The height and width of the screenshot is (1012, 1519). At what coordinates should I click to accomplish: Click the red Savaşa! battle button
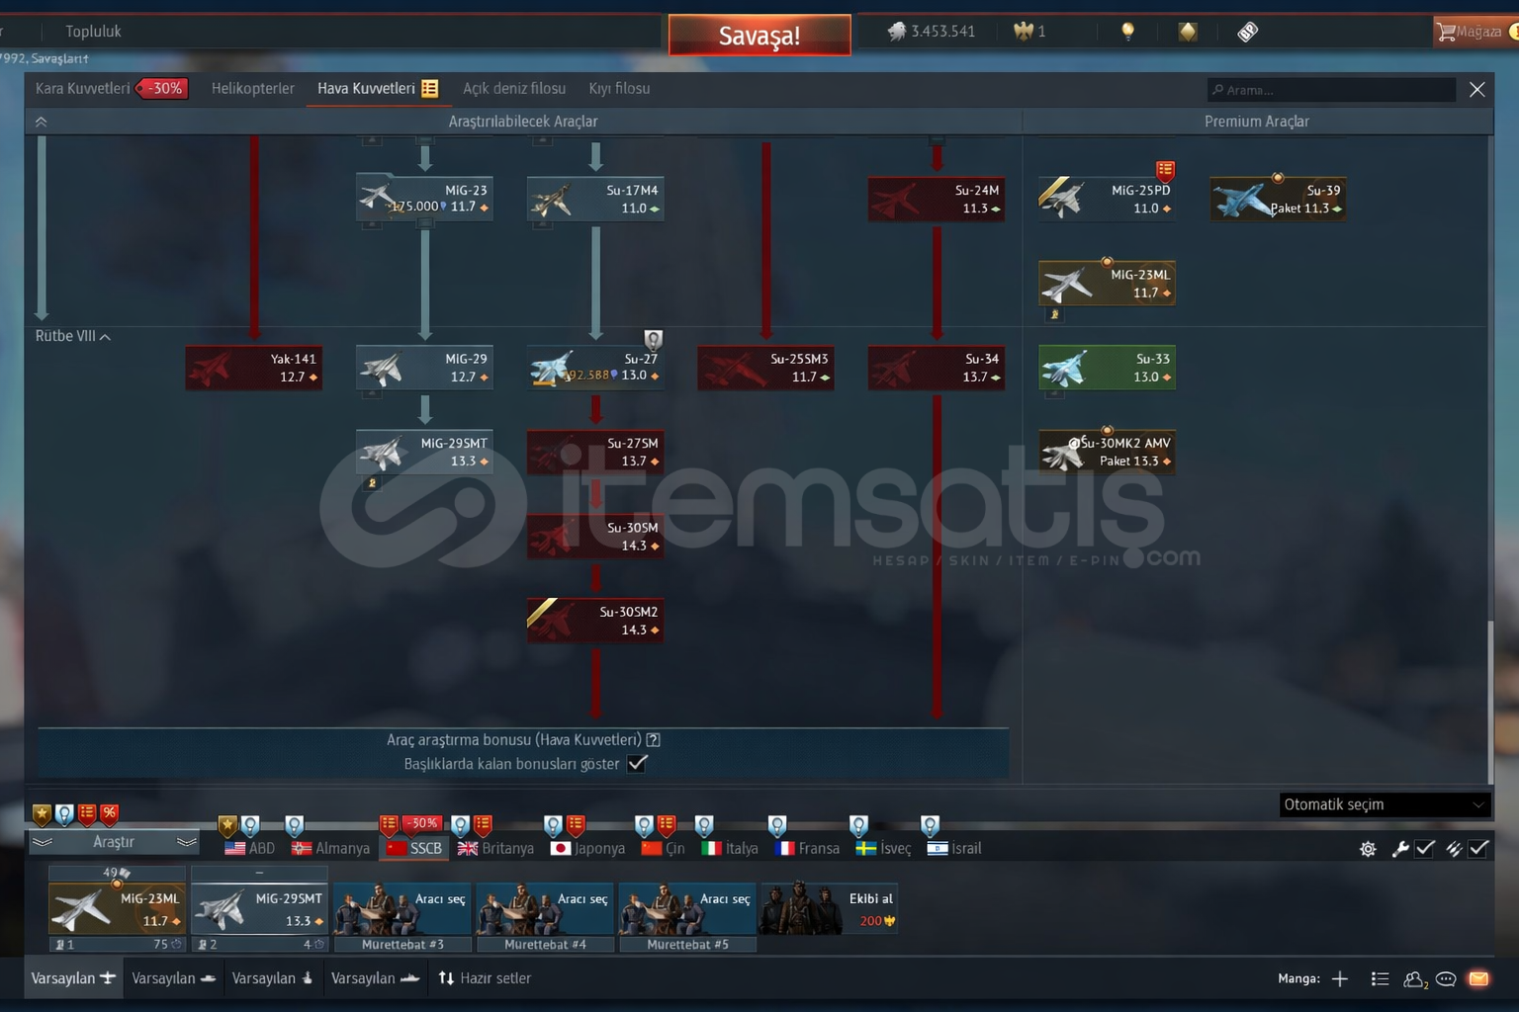tap(759, 36)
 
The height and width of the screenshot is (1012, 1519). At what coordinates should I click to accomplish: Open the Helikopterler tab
tap(252, 89)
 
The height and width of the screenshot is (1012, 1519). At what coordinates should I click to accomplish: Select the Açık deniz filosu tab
tap(514, 89)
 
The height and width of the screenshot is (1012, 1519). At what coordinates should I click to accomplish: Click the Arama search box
tap(1330, 90)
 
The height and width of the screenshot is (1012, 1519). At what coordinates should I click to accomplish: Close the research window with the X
tap(1476, 90)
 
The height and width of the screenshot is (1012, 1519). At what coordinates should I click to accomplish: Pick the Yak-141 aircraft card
tap(254, 368)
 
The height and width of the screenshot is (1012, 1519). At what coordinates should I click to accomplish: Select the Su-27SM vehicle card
tap(595, 453)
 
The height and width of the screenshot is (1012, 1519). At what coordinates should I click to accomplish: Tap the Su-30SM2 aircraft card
tap(595, 621)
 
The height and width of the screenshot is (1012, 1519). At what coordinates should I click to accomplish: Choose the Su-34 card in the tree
tap(937, 368)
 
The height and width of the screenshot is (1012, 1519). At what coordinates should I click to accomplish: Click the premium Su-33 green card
tap(1107, 368)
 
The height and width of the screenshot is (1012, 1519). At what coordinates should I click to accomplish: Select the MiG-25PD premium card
tap(1107, 199)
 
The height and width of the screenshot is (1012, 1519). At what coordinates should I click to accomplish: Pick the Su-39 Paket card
tap(1278, 199)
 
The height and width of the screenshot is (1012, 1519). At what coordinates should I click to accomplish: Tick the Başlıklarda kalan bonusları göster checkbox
tap(638, 764)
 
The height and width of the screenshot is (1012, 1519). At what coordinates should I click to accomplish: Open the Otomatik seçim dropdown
tap(1384, 804)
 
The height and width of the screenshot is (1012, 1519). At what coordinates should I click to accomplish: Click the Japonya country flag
tap(561, 848)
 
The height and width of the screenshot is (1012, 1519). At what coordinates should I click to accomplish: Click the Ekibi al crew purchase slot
tap(828, 909)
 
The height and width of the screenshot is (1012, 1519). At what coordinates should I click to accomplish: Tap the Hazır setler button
tap(485, 978)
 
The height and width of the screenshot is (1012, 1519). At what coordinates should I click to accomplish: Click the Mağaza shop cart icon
tap(1447, 32)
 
